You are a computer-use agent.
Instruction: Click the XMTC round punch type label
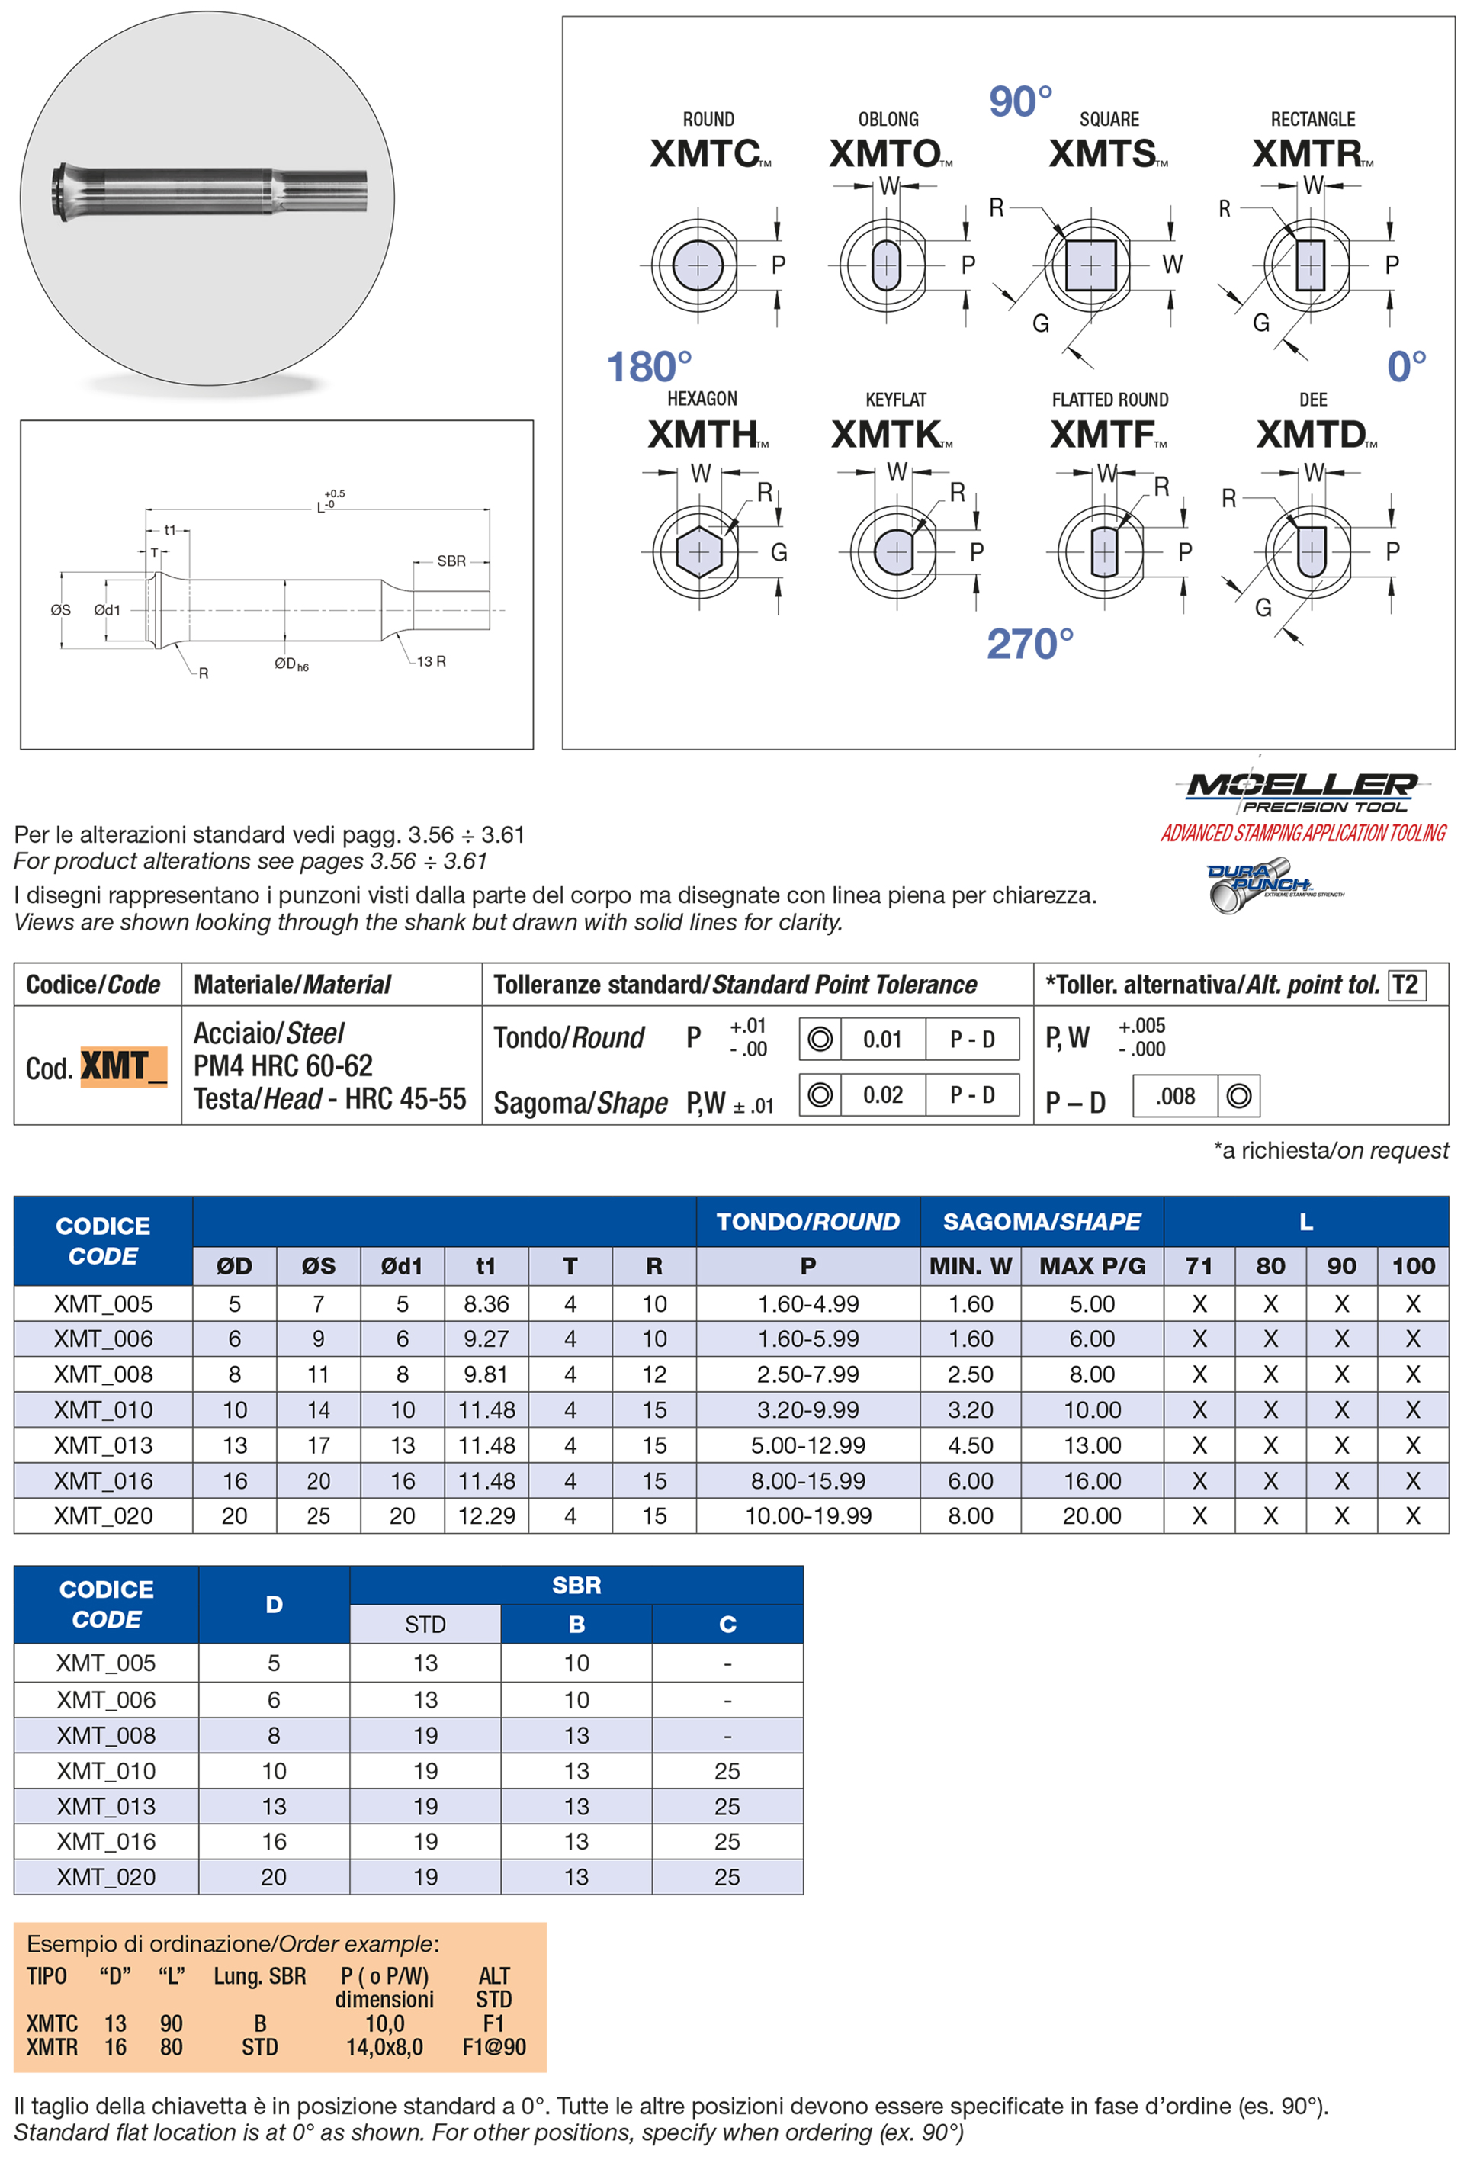pos(705,153)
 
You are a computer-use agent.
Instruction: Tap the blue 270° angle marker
pos(1029,644)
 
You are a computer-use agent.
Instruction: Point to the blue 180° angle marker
pos(649,367)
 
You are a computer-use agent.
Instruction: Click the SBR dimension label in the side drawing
pos(451,561)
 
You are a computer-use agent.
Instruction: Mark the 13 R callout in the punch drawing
pos(430,662)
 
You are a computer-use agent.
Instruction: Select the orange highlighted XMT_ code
pos(123,1066)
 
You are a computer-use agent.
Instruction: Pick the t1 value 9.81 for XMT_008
pos(486,1374)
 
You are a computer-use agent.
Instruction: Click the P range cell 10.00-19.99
pos(807,1516)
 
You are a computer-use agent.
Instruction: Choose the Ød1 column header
pos(402,1266)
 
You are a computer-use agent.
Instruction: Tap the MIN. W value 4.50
pos(970,1445)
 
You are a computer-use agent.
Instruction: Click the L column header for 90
pos(1340,1266)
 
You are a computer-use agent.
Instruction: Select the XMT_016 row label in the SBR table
pos(106,1841)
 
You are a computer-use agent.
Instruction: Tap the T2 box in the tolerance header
pos(1405,985)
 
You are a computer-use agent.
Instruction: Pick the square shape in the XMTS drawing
pos(1090,266)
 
